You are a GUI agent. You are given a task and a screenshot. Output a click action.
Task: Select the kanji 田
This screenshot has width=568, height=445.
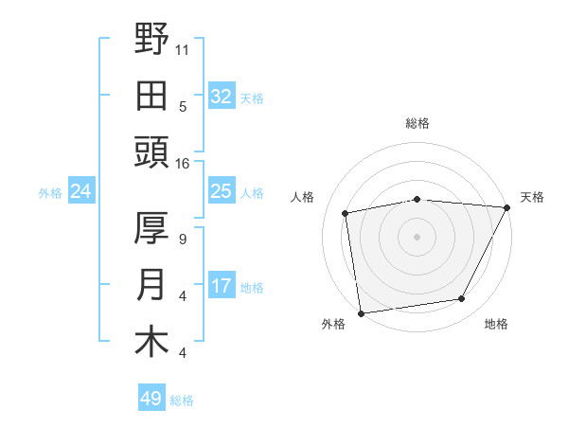tap(151, 95)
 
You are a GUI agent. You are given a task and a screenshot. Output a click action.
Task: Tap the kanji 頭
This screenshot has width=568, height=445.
tap(151, 151)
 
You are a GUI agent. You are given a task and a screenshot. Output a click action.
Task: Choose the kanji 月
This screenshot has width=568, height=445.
tap(151, 285)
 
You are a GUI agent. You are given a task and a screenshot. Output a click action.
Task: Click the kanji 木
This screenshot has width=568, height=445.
tap(151, 342)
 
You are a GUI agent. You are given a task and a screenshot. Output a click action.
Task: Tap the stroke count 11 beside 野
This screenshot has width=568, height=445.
tap(183, 47)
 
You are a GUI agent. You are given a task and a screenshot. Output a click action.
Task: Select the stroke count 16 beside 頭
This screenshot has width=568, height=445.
tap(183, 163)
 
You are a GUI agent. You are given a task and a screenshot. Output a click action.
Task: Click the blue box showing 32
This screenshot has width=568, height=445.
tap(221, 96)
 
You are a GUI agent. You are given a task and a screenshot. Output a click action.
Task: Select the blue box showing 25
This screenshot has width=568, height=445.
tap(221, 192)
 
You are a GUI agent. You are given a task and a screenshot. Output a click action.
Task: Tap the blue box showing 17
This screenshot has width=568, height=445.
tap(221, 285)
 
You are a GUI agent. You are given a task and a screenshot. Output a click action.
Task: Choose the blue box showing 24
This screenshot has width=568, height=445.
tap(81, 192)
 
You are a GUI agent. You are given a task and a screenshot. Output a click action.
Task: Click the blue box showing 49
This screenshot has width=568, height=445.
tap(151, 399)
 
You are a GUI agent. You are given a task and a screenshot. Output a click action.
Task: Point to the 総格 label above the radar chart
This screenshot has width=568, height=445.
tap(417, 123)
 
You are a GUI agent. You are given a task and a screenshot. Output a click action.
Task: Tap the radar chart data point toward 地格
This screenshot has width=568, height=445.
tap(462, 298)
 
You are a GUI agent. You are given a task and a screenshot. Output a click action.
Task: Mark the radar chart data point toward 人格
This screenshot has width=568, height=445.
tap(346, 213)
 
